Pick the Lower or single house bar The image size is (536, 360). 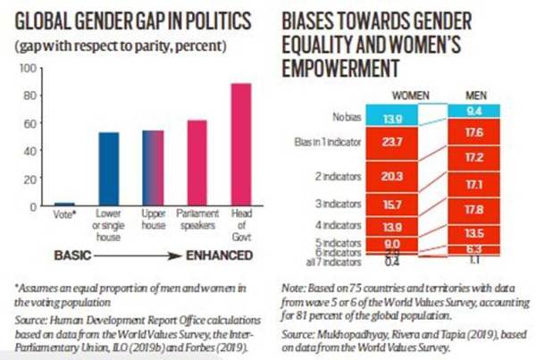point(108,169)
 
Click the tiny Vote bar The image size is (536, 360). point(64,205)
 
